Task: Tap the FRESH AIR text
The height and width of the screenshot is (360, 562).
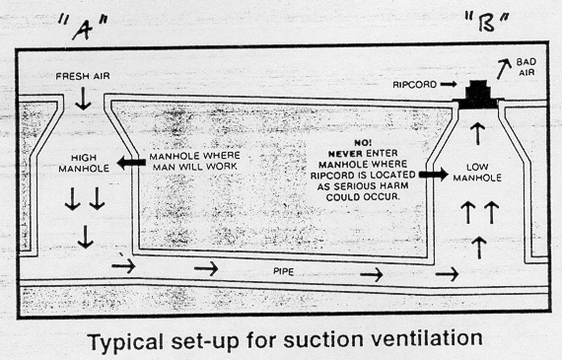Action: (x=83, y=76)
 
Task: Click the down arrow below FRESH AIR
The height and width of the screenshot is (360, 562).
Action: (x=83, y=99)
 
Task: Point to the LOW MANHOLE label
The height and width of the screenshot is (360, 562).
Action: (x=476, y=176)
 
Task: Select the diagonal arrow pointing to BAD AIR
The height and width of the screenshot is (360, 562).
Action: (x=505, y=69)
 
